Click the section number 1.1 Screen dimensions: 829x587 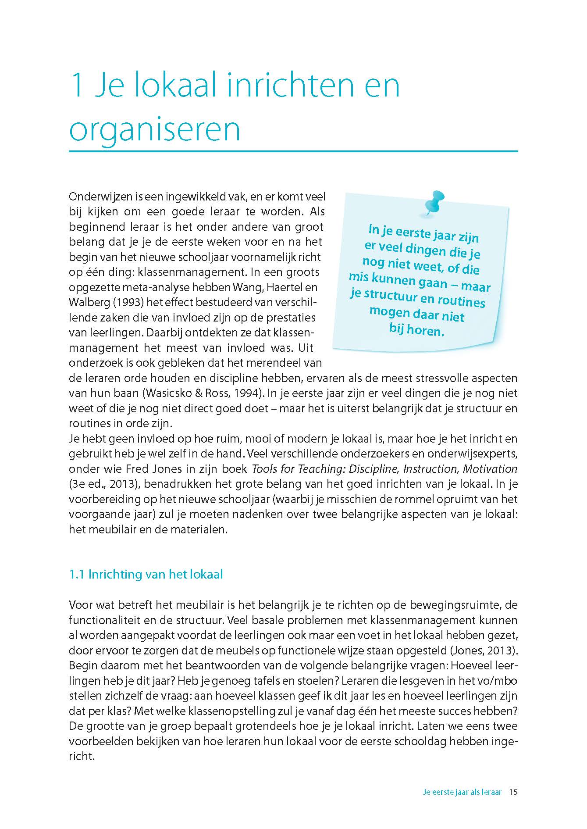click(x=76, y=574)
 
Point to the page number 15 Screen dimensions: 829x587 click(x=513, y=792)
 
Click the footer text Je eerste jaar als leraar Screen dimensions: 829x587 click(x=462, y=792)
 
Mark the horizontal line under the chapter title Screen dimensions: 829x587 click(x=293, y=151)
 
